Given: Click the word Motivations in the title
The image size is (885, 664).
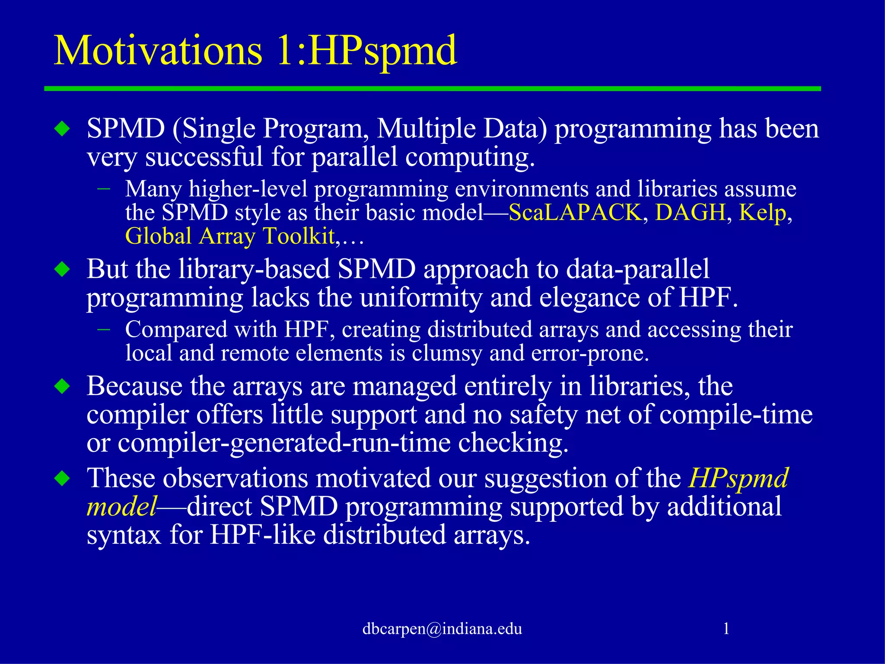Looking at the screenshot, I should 158,51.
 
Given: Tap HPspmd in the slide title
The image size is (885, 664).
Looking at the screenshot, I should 382,51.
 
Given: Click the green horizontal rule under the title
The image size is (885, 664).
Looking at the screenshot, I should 432,89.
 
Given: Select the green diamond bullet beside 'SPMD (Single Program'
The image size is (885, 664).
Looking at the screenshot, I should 63,129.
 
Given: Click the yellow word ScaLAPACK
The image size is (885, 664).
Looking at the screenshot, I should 575,212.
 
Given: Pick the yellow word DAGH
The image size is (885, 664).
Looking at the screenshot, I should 690,212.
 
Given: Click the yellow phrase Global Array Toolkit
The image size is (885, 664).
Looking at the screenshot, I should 230,236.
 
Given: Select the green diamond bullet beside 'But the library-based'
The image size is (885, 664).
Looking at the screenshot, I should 63,269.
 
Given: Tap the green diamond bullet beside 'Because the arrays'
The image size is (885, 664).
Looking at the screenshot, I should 63,386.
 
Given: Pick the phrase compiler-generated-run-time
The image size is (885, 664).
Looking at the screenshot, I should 284,443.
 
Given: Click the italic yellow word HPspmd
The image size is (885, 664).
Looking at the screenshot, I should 739,478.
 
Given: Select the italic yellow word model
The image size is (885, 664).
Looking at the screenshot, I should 121,506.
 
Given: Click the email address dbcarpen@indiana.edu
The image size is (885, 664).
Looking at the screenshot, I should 442,629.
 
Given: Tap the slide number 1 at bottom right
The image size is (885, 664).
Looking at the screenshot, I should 726,628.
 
